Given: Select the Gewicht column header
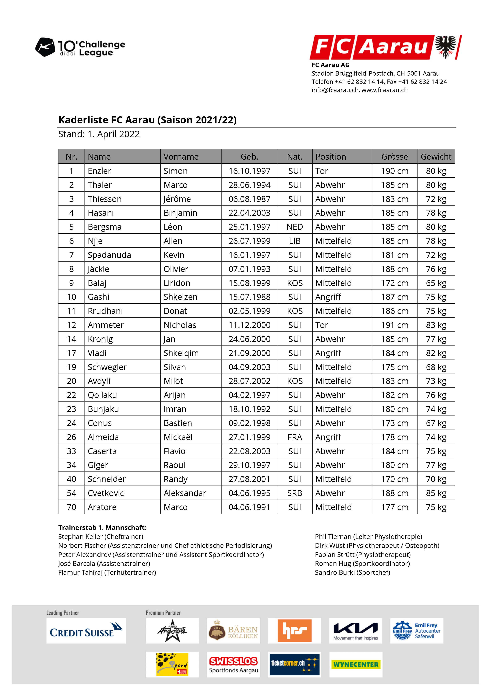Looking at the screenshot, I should point(436,157).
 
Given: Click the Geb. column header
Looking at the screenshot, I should point(249,157).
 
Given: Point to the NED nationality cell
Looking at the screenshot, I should point(295,227).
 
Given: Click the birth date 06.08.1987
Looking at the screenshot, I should point(249,199).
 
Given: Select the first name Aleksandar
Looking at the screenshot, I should point(185,493).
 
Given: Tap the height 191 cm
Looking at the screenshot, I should point(394,325).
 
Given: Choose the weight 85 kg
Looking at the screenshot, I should point(436,493).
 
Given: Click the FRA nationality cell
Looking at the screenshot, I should point(295,437).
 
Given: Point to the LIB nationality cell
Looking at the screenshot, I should point(295,241).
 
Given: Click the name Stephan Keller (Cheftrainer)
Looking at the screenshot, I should point(101,537).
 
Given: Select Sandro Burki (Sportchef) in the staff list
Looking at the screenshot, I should point(352,572).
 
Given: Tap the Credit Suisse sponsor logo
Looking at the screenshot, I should point(86,631).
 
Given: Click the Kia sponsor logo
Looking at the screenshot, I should point(355,631).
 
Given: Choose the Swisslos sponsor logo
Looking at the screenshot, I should point(233,664).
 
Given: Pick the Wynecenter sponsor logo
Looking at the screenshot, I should point(356,664).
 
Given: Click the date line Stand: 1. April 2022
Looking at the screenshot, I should point(99,134).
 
